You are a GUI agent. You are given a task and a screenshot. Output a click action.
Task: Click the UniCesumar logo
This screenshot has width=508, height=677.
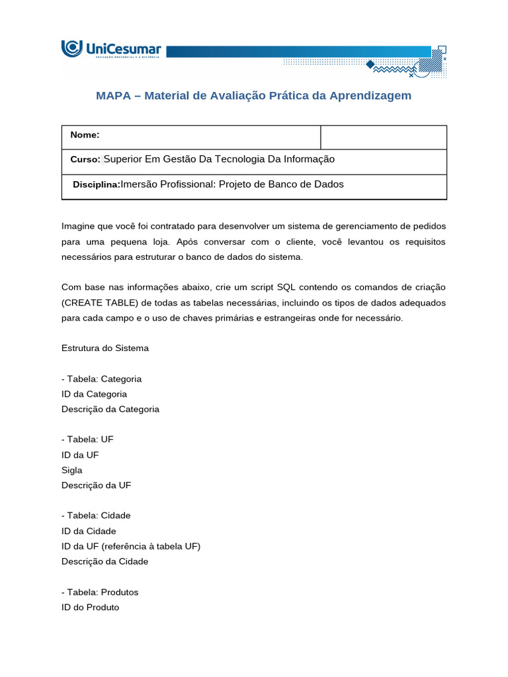111,50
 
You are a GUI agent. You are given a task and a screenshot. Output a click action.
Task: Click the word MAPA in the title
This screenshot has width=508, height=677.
114,96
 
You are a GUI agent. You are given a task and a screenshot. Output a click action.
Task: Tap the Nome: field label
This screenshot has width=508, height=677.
85,135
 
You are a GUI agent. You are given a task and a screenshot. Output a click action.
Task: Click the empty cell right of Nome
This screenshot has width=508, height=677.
383,137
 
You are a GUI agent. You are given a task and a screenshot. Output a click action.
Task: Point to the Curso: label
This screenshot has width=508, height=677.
85,159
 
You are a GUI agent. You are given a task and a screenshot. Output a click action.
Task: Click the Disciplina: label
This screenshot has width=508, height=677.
96,184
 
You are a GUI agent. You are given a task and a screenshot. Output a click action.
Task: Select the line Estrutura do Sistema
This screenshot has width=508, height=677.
105,348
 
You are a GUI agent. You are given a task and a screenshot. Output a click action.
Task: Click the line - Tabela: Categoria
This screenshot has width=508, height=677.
101,379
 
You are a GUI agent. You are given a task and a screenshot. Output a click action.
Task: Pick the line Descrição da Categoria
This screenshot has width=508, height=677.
110,409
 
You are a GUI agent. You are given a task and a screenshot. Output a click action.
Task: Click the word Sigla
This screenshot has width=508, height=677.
72,470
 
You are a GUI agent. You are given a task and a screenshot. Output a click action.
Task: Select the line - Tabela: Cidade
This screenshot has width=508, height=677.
96,516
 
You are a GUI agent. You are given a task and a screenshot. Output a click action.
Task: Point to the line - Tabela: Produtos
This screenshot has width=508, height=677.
100,592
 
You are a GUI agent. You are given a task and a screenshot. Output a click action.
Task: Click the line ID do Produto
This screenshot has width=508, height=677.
91,607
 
